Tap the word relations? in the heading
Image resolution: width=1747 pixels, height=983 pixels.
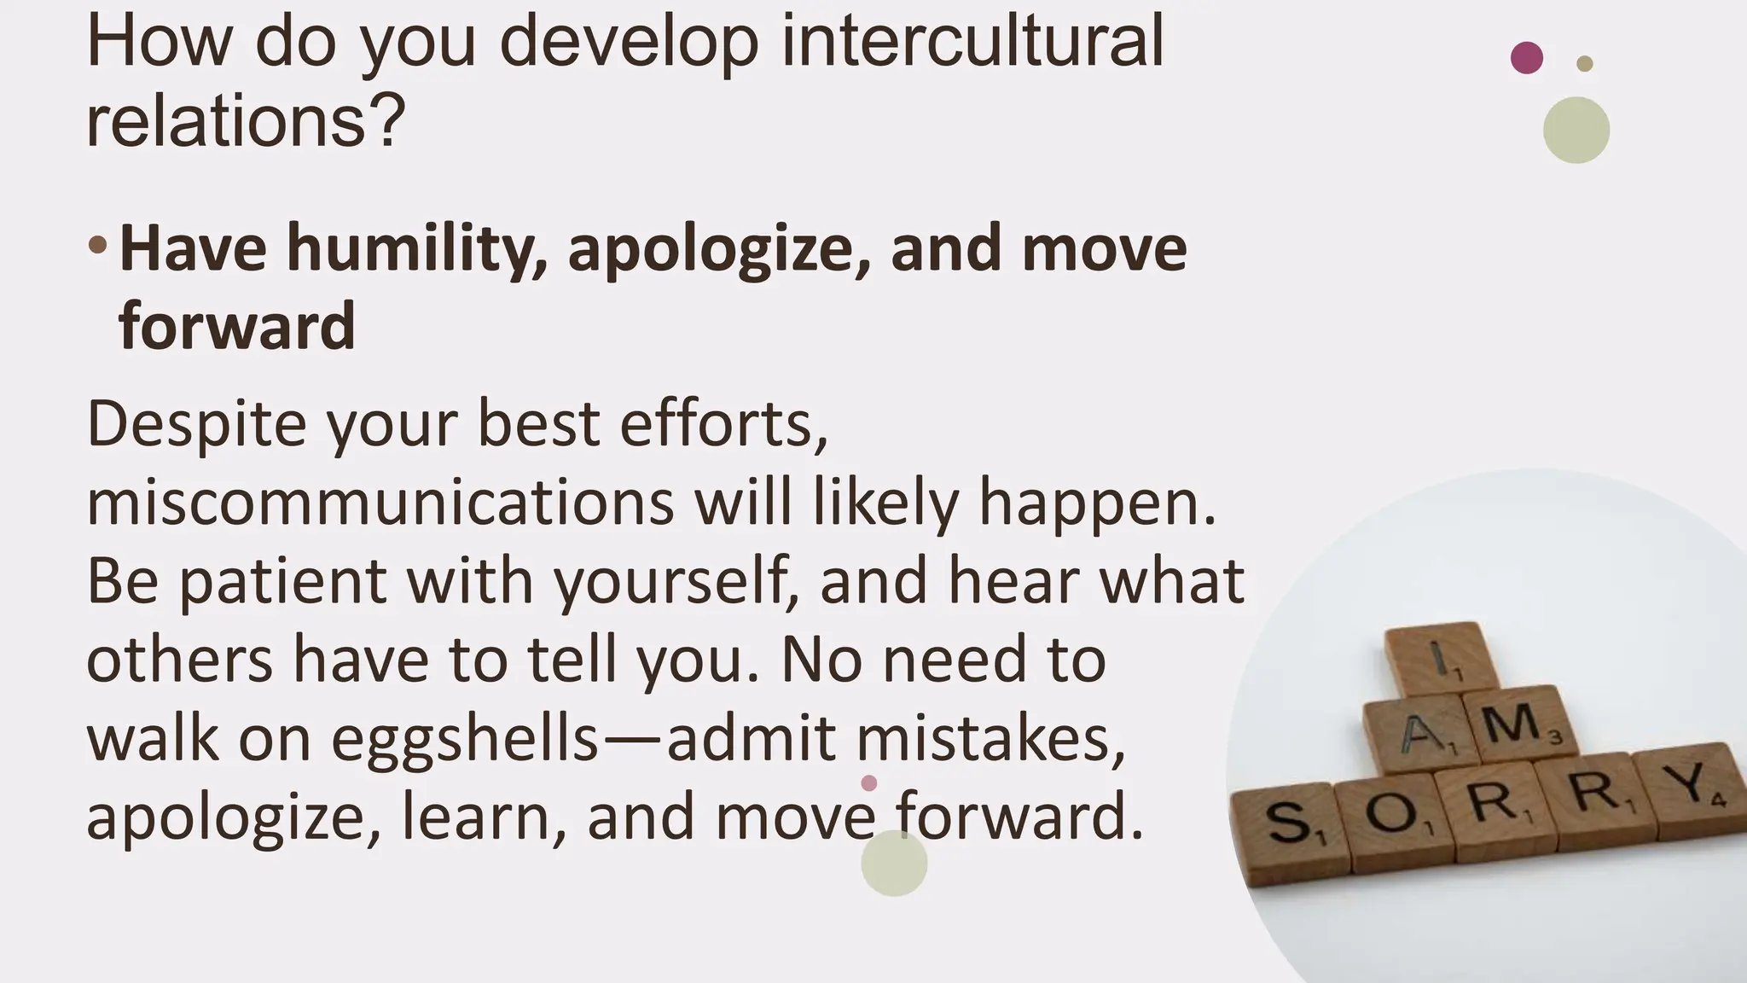coord(246,120)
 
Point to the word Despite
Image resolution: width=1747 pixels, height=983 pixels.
coord(196,424)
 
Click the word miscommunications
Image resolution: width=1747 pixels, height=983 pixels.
coord(380,502)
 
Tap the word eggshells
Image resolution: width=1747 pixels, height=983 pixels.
coord(465,738)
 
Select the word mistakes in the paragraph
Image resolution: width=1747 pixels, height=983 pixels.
coord(990,738)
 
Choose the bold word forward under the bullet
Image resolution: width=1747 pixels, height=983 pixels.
coord(236,326)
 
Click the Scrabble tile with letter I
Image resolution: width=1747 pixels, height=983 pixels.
coord(1440,658)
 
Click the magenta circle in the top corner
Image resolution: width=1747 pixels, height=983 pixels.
coord(1526,58)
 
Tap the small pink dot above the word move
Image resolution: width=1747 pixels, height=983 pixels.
coord(868,782)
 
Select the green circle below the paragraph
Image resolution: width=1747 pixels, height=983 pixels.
coord(893,863)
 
